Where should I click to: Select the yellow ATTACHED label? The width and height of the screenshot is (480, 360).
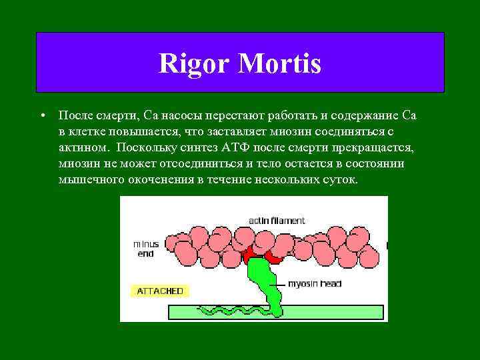[x=159, y=291]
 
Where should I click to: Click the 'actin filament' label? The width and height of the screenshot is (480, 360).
[x=276, y=220]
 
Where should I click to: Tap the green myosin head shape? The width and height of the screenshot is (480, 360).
[x=265, y=278]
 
